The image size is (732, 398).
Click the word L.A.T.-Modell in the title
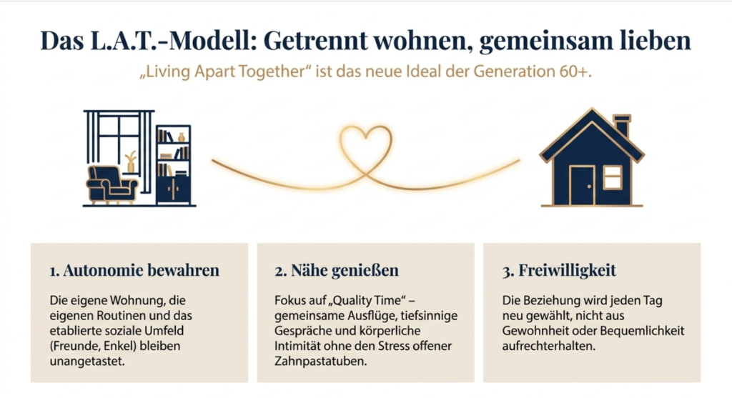point(170,41)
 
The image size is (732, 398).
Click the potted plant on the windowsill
point(131,161)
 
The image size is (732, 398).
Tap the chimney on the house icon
point(622,125)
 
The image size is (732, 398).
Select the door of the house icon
point(582,186)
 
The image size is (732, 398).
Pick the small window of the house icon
point(612,177)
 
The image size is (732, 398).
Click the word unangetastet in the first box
point(87,362)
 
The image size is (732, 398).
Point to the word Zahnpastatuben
point(321,362)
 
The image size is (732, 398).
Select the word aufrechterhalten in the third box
point(549,347)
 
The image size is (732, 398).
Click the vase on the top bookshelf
point(181,136)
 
